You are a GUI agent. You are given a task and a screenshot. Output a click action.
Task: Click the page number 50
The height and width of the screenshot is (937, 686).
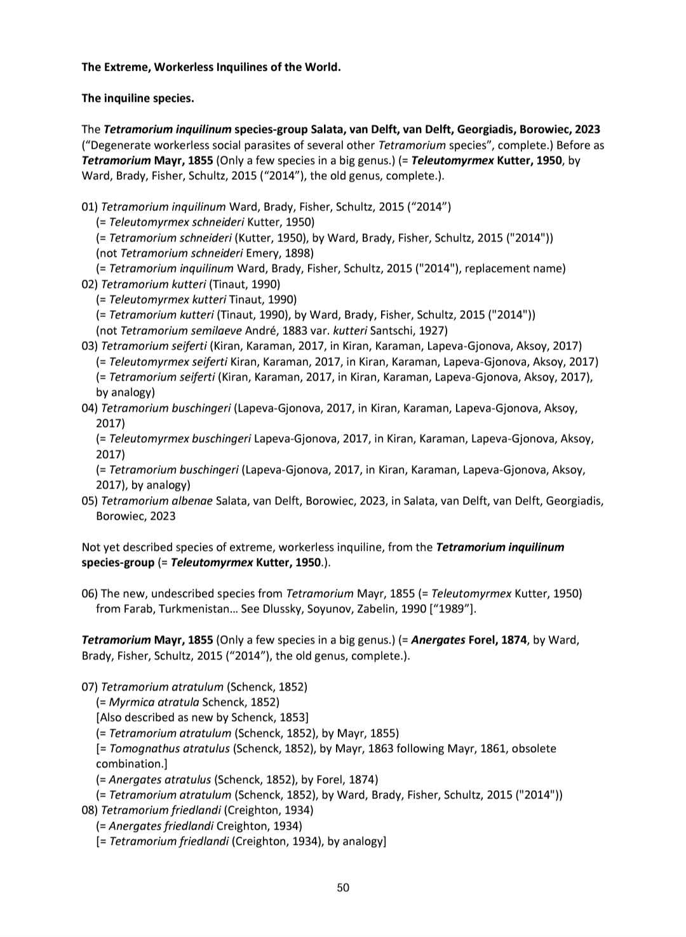click(x=343, y=887)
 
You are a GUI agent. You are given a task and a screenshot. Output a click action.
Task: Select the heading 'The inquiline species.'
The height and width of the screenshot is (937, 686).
click(x=138, y=98)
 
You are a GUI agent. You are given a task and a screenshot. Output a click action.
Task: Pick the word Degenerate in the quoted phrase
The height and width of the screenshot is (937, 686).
click(x=118, y=145)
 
